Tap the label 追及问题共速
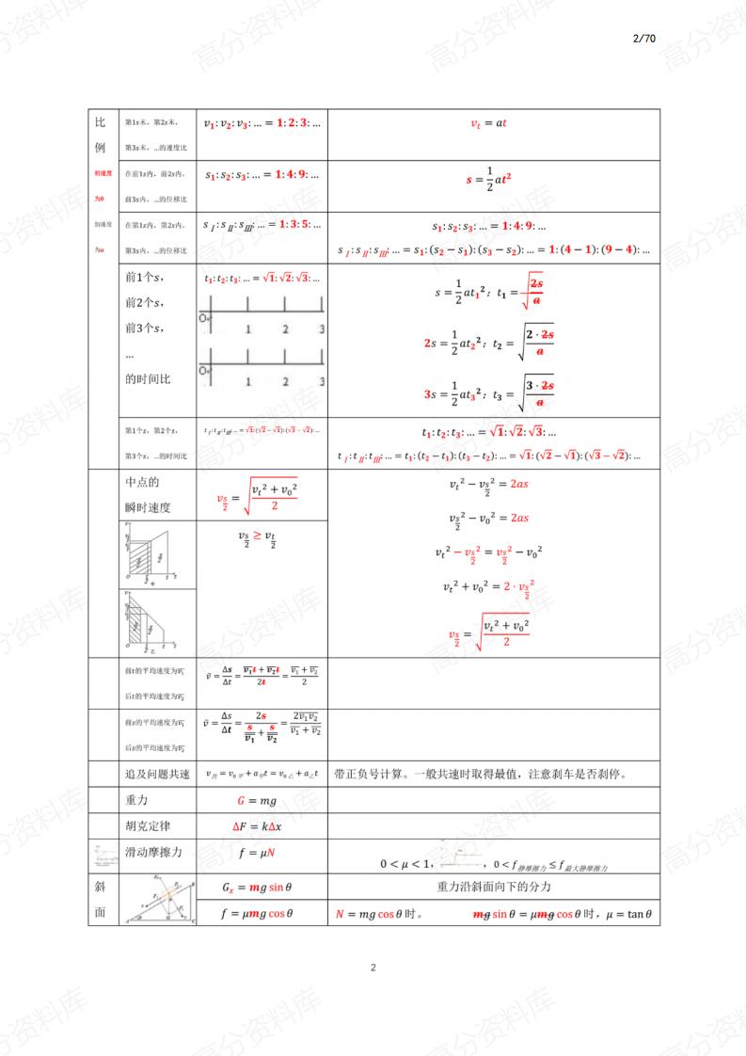(157, 775)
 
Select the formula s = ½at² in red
(488, 177)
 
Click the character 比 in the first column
(101, 123)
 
